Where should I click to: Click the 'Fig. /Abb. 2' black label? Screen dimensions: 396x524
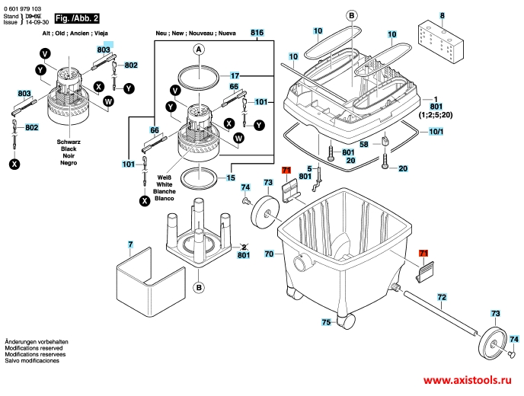77,16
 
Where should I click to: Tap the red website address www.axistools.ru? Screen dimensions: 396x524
468,381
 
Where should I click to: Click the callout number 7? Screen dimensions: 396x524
130,244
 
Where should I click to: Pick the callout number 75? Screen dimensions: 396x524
326,323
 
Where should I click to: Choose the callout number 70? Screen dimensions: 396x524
269,254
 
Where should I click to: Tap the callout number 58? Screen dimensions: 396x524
364,143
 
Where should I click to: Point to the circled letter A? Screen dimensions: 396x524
197,50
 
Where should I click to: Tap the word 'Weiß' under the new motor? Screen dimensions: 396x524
165,177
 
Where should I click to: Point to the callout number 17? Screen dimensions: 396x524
235,76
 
